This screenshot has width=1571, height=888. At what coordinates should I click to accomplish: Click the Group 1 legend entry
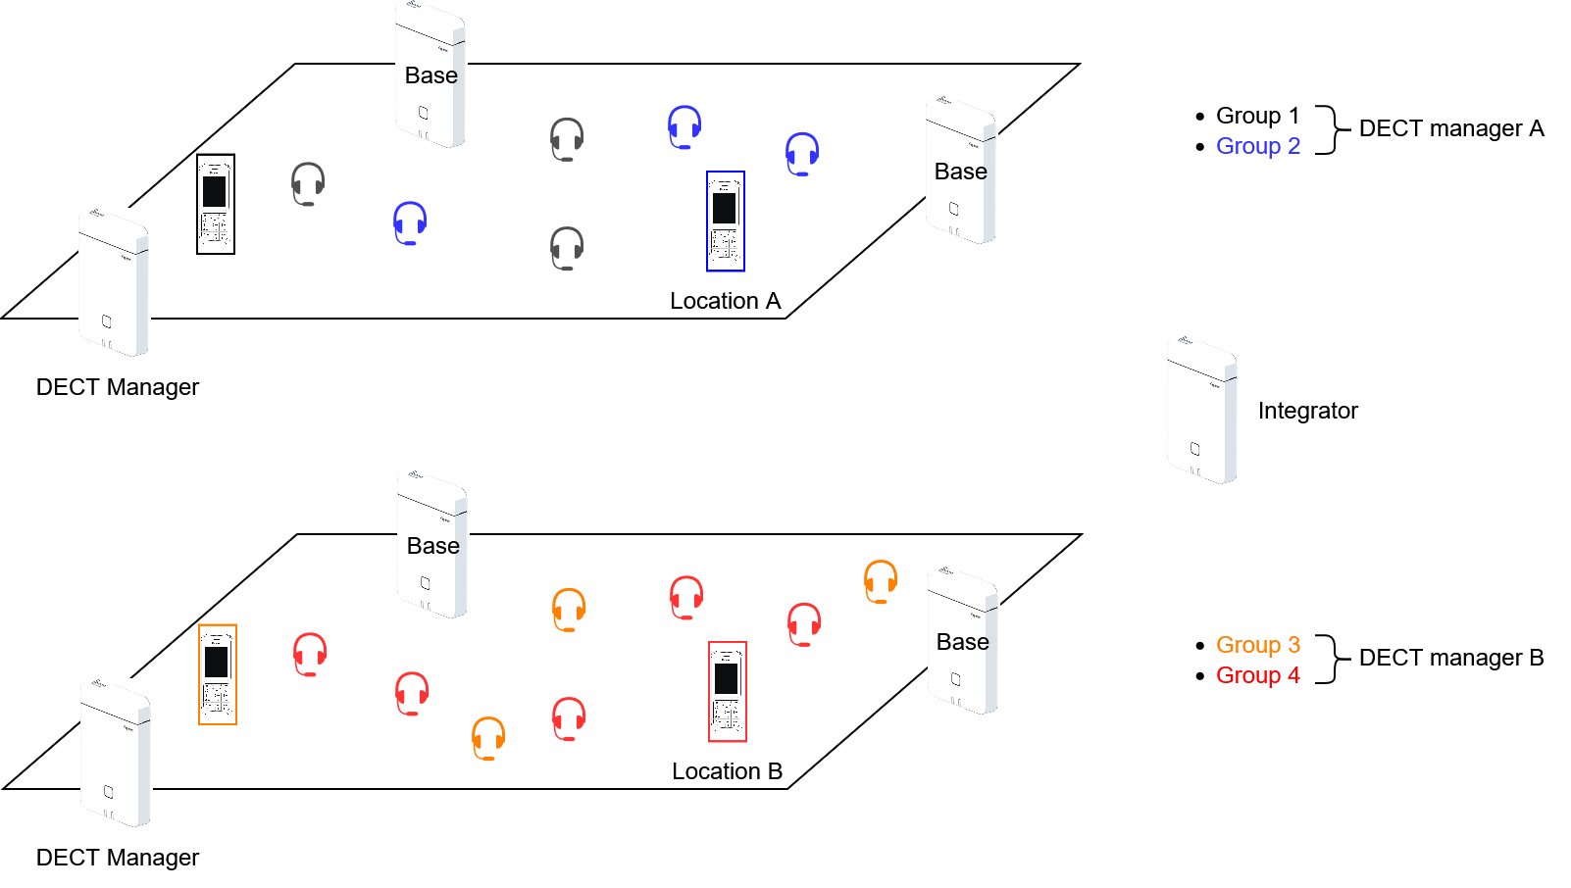pos(1257,116)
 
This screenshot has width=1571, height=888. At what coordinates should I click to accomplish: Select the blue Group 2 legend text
pos(1257,146)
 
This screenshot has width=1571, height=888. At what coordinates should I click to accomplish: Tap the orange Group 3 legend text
pos(1257,645)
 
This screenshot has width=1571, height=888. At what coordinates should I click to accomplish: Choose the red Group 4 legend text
pos(1257,675)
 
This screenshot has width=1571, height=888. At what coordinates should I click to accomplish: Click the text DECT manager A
pos(1451,128)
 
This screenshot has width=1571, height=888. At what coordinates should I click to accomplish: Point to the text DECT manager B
pos(1451,658)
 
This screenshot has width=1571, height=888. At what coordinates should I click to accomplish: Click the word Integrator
pos(1307,411)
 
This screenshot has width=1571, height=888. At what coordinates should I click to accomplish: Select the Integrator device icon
pos(1201,411)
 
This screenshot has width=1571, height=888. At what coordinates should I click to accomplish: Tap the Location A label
pos(725,301)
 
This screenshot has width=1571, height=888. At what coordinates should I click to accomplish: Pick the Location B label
pos(727,771)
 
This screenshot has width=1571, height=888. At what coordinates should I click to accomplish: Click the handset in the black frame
pos(216,204)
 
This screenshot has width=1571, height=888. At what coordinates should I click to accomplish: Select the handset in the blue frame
pos(726,222)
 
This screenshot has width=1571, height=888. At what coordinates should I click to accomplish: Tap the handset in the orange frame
pos(218,674)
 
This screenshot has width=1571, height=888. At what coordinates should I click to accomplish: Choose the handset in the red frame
pos(728,692)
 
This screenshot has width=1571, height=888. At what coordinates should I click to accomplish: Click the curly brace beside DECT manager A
pos(1329,130)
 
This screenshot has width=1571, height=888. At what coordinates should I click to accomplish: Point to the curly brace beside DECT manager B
pos(1329,659)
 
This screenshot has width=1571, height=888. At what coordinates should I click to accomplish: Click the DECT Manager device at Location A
pos(114,283)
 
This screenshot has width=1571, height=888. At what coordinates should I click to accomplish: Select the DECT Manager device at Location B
pos(116,754)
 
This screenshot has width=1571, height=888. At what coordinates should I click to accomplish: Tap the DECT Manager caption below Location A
pos(118,387)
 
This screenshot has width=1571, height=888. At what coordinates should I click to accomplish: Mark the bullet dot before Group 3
pos(1200,646)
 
